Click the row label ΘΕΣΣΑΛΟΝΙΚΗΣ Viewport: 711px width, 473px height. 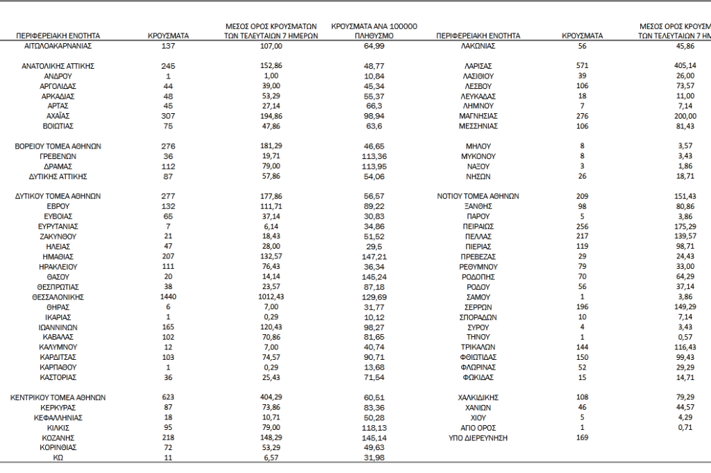tap(58, 297)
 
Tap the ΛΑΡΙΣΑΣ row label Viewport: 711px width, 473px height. tap(478, 65)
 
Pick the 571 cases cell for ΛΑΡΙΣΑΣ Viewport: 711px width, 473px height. tap(582, 65)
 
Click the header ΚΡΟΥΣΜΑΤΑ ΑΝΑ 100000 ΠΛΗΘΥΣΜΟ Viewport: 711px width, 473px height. tap(374, 30)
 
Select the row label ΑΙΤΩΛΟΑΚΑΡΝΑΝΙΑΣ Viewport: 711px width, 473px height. tap(58, 46)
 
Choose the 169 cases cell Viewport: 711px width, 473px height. tap(582, 438)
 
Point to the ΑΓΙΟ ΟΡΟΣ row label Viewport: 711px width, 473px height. tap(478, 428)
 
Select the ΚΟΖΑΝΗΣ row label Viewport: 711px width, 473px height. tap(58, 438)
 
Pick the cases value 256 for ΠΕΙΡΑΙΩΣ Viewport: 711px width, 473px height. tap(582, 226)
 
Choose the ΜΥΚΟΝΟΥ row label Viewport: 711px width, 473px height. tap(478, 156)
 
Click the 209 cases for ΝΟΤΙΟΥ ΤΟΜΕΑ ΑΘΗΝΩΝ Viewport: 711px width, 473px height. tap(582, 197)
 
